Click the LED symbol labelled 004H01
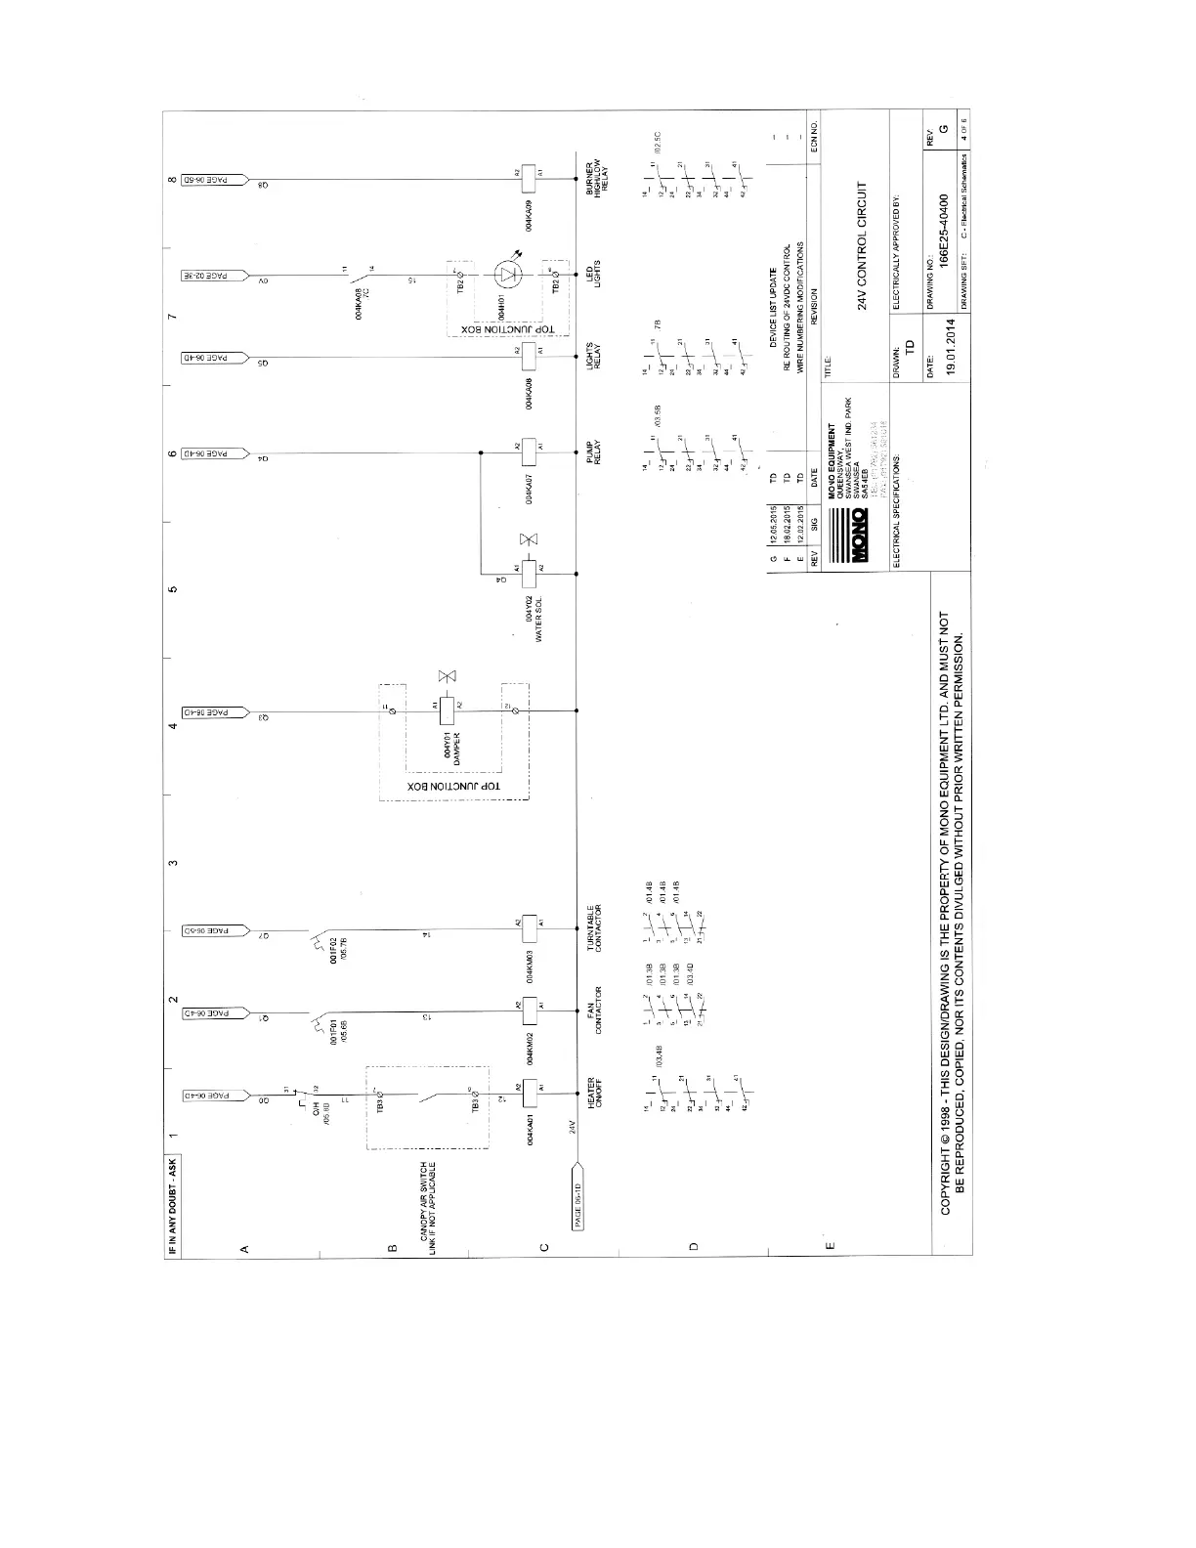(x=505, y=272)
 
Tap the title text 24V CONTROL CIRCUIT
(x=863, y=246)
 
